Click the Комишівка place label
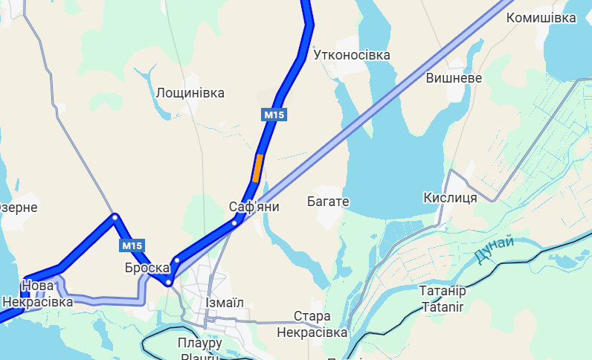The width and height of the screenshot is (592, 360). [541, 18]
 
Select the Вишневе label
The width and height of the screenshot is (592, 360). [454, 78]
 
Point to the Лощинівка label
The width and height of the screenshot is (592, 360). [190, 93]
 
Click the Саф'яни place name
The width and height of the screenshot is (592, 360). [254, 207]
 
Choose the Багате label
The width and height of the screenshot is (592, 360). [328, 202]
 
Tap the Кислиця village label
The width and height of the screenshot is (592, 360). [450, 197]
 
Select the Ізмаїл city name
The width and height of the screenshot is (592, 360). [222, 303]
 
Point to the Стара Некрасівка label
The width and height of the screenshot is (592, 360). [312, 324]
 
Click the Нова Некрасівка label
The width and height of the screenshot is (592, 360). [37, 294]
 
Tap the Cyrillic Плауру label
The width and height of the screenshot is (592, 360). [200, 343]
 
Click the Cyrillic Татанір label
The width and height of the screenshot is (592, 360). [443, 291]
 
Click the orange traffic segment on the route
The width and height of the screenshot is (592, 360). [257, 167]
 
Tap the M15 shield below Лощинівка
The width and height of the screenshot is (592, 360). [274, 115]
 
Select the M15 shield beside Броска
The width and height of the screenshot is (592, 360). [132, 245]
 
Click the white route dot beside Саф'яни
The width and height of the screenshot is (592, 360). [234, 222]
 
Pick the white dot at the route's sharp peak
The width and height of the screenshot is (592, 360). [115, 217]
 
